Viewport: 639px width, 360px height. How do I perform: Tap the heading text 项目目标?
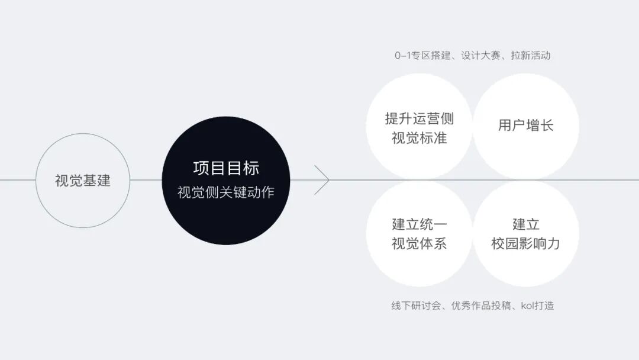226,168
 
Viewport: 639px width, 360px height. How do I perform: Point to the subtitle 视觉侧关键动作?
226,192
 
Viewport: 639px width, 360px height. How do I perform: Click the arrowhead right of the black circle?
322,180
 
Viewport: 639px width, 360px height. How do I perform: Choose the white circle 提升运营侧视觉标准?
419,107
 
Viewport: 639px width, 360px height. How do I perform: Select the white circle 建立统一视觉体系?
419,261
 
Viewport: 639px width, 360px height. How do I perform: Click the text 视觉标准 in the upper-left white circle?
419,138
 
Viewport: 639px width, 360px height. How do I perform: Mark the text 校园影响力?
525,243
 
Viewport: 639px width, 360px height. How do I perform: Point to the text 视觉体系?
419,243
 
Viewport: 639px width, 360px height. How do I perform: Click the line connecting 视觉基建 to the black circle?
146,180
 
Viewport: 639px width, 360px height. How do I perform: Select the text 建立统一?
419,224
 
